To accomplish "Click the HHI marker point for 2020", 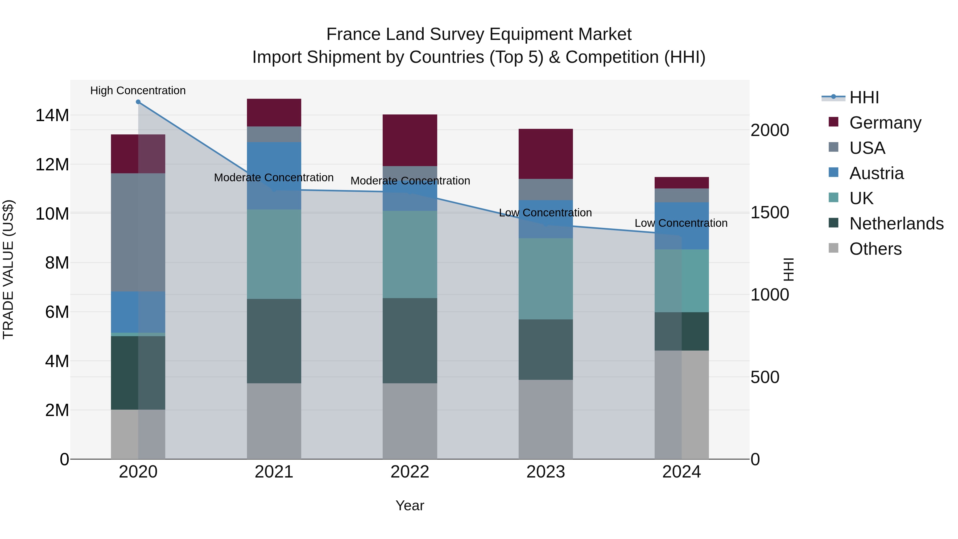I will pos(138,102).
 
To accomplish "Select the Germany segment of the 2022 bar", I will pos(410,140).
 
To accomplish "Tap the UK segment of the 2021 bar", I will pos(274,254).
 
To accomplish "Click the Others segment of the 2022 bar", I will pos(410,421).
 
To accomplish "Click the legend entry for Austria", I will pos(876,173).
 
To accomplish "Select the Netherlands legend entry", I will pos(896,224).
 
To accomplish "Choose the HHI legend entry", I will pos(864,97).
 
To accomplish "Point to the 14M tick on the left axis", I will pos(52,115).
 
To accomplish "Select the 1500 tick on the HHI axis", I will pos(769,212).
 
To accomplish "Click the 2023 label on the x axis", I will pos(546,472).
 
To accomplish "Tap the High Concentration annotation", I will pos(138,90).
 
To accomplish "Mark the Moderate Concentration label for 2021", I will pos(274,178).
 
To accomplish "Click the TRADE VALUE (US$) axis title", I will pos(8,269).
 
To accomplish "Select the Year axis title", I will pos(410,505).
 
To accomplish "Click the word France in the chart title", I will pos(353,34).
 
